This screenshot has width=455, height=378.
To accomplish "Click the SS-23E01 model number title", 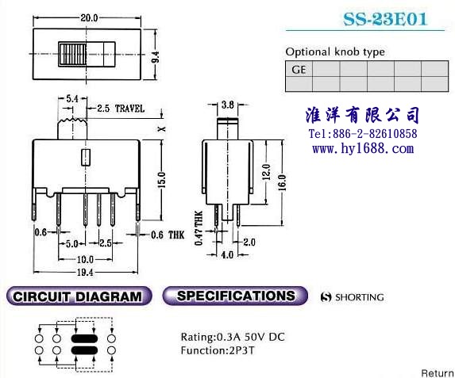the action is coord(385,19).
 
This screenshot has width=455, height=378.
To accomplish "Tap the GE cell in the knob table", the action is coord(299,69).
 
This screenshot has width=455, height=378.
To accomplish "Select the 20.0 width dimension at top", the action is coord(89,17).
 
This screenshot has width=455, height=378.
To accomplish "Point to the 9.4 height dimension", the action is coord(156,57).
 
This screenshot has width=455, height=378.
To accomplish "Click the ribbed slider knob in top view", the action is coord(72,54).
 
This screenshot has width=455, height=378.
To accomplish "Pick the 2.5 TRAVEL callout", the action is coord(121,109).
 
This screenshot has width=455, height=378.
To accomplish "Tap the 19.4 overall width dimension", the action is coord(85,273).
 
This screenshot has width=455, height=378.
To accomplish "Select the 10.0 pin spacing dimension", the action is coord(85,259).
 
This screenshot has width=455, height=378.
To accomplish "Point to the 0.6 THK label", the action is coord(168,235).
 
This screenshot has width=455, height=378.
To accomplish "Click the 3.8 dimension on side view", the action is coord(227,105).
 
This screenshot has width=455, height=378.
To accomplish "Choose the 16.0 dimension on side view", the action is coord(282,182).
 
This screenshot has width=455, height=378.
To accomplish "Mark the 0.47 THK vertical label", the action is coord(199,228).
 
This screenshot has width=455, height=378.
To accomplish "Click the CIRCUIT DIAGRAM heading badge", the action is coord(79,296).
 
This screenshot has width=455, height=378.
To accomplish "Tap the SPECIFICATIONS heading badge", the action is coord(235,296).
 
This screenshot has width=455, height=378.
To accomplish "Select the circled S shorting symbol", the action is coord(326,297).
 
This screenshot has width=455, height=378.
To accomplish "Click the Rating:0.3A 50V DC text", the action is coord(233,337).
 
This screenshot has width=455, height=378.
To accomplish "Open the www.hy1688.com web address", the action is coord(363,149).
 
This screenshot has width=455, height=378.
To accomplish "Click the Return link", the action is coord(438,373).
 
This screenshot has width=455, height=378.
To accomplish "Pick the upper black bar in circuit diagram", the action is coord(84,338).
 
